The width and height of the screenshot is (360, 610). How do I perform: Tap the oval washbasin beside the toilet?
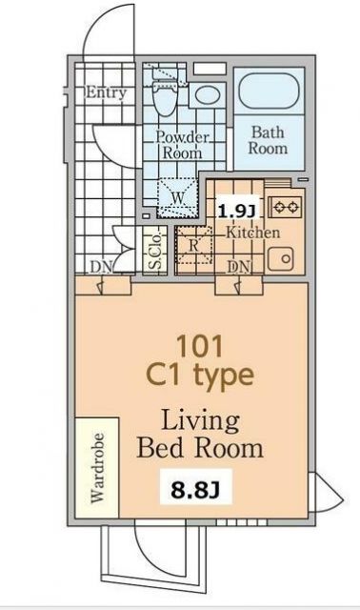point(208,94)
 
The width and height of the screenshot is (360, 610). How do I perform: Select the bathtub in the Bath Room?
point(269,91)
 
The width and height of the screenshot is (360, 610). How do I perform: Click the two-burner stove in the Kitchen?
point(286,206)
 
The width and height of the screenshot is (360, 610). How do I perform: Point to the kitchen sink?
point(281,258)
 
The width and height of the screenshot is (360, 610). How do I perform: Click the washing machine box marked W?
point(178,197)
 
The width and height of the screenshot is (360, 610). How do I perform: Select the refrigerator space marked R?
point(194,246)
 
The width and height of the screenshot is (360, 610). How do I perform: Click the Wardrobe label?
point(97,468)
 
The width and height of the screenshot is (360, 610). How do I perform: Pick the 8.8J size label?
point(195,491)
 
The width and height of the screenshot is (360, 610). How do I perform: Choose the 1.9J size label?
point(236,212)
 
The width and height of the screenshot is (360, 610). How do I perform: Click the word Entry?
point(106,92)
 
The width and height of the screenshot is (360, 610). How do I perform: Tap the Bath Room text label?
point(269,140)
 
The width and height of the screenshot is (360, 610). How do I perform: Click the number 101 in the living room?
point(199,346)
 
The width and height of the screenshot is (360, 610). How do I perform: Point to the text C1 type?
point(200,376)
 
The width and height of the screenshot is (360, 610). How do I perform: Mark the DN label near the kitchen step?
point(239,267)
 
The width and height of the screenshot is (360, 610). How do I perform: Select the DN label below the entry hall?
point(101,268)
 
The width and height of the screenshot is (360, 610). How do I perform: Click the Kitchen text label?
point(252,233)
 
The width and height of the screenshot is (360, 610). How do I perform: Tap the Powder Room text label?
point(182,145)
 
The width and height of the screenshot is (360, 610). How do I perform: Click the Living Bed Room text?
point(200,435)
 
